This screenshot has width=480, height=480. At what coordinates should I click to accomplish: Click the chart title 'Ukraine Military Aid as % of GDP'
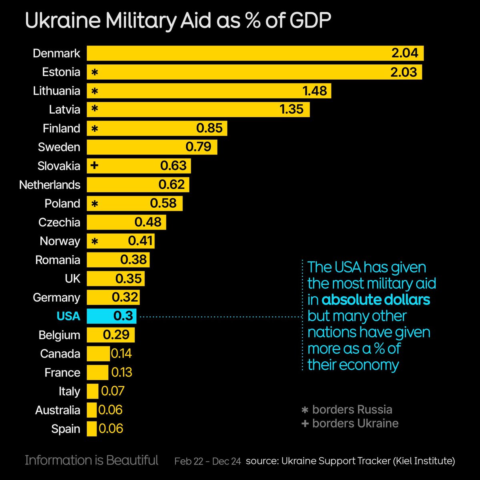point(178,21)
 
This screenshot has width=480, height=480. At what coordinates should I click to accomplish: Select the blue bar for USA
point(112,316)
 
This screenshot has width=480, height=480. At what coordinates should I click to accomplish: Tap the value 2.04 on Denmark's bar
point(404,53)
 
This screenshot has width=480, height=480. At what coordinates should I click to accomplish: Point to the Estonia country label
point(61,72)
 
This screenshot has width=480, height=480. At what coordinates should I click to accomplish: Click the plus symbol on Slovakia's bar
point(94,165)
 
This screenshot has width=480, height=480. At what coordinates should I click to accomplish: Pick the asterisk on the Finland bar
point(95,128)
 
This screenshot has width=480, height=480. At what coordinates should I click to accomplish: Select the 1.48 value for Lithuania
point(315,91)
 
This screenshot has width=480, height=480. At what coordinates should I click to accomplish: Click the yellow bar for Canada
point(98,354)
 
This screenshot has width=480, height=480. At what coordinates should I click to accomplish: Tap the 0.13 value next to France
point(122,372)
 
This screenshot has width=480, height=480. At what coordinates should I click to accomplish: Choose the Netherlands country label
point(50,185)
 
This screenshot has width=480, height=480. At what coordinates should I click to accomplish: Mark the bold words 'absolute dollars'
point(376,300)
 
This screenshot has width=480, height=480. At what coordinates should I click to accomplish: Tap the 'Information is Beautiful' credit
point(92,460)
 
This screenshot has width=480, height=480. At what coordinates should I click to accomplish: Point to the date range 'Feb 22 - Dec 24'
point(208,461)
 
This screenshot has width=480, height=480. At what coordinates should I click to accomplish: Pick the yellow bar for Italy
point(92,391)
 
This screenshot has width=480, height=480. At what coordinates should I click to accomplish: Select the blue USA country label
point(68,316)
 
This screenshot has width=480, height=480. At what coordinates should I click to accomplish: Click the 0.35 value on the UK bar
point(128,278)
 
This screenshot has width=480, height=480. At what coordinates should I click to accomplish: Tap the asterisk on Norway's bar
point(95,241)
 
